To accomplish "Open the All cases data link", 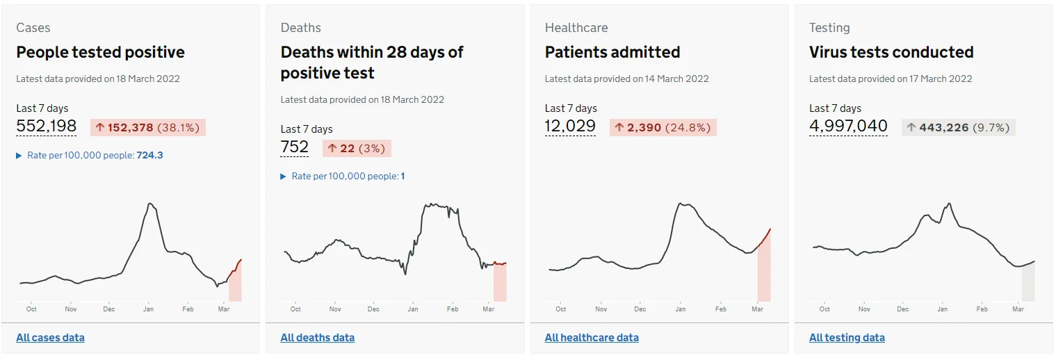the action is tap(51, 337).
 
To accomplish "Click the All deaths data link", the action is tap(317, 337).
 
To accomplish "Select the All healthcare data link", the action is tap(592, 337).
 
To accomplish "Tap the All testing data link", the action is tap(847, 337).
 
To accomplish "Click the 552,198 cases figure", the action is tap(46, 126).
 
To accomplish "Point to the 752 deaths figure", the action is tap(295, 147).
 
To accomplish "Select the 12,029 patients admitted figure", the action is tap(570, 126).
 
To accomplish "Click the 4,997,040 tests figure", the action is tap(848, 126).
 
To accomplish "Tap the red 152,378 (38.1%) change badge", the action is tap(148, 127).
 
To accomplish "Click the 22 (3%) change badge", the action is tap(357, 149).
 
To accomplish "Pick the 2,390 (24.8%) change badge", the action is tap(663, 127).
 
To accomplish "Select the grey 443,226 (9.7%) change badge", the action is tap(959, 127).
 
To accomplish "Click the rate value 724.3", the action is tap(150, 155).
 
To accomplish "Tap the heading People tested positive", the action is tap(100, 52).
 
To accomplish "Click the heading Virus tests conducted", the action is tap(891, 52).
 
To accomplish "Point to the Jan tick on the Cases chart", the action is tap(149, 309).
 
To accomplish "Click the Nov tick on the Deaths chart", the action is tap(335, 309).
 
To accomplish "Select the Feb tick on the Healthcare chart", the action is tap(721, 309).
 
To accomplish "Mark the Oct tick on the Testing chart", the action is tap(825, 309).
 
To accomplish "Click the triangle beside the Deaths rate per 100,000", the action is tap(284, 177).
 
